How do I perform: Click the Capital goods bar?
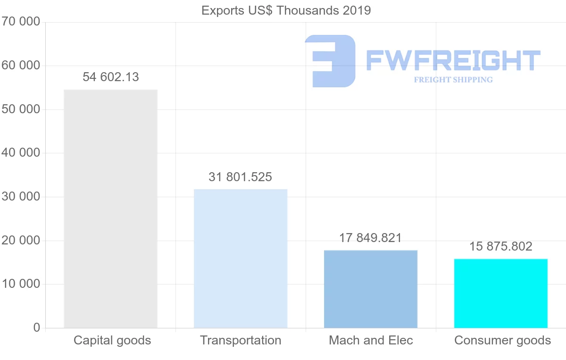click(110, 209)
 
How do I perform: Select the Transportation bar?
click(241, 259)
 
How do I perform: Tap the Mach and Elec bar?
click(371, 289)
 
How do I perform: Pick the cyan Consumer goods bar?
click(501, 293)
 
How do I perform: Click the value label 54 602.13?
click(111, 77)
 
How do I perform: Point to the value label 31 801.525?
click(241, 177)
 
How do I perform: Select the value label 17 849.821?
click(371, 238)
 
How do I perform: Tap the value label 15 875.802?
click(501, 246)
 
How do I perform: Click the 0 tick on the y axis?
click(37, 328)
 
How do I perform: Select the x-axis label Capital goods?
click(112, 340)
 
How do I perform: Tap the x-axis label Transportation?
click(241, 340)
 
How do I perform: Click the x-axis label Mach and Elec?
click(371, 340)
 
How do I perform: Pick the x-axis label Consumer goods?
click(502, 340)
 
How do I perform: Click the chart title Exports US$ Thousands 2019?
click(286, 10)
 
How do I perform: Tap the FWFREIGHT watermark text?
click(453, 60)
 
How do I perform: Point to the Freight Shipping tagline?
click(453, 80)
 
